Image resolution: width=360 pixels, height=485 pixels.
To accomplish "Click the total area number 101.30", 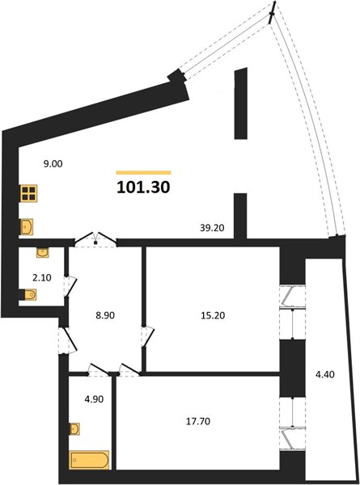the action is coord(143,188).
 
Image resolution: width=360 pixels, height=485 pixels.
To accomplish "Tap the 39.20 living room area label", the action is coord(212,228).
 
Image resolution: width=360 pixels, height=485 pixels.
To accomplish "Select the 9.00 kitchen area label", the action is coord(53,163).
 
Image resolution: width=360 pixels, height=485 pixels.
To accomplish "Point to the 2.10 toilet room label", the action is coord(42,278).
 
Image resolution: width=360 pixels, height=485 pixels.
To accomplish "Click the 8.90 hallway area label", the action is coord(104,315).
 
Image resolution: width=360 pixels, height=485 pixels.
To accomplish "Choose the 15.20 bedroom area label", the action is coord(213,315).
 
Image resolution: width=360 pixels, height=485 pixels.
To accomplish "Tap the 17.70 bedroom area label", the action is coord(198,421).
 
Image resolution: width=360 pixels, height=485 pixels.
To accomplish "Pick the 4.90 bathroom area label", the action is coord(94,399).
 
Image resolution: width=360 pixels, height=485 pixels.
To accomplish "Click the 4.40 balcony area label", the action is coord(324,374).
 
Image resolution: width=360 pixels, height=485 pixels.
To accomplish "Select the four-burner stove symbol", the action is coord(29,193).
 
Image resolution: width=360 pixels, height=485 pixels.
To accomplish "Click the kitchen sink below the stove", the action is coord(27,227).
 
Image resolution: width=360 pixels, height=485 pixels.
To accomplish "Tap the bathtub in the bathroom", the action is coord(90,460).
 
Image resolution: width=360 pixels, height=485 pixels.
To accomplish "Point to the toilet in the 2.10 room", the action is coord(30,294).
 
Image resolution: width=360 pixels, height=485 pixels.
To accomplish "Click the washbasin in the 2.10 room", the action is coord(42,253).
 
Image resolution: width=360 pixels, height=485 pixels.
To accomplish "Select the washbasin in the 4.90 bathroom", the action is coord(74,428).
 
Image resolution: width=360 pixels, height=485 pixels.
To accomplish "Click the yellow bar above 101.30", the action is coord(144,173).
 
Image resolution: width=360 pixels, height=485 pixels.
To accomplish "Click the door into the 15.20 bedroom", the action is coord(147,336).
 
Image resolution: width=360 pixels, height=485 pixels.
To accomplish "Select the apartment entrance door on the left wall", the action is coord(67,340).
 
